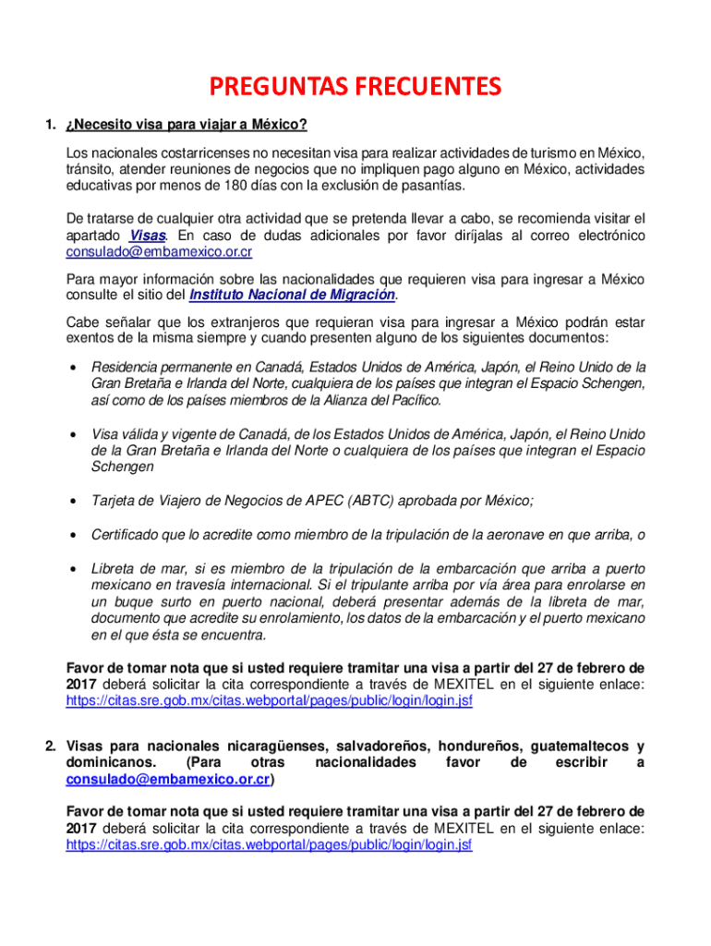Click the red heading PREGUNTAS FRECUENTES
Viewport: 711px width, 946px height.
[355, 87]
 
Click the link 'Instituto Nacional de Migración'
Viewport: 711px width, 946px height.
[292, 295]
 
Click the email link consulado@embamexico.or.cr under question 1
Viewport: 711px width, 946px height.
[159, 252]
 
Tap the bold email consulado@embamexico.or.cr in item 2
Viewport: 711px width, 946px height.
[168, 780]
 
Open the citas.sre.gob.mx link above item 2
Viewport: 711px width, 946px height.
[269, 701]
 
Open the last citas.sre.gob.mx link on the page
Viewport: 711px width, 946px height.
[269, 845]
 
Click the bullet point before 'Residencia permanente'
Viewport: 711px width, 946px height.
[72, 368]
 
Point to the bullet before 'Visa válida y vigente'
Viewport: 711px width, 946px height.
[72, 434]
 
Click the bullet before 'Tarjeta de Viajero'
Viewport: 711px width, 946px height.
[72, 502]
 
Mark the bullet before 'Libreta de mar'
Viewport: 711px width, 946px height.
[72, 569]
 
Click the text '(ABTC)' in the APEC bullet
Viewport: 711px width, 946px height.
[372, 501]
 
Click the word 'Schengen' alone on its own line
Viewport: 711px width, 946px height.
[122, 467]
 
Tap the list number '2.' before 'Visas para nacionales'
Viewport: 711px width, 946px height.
[53, 746]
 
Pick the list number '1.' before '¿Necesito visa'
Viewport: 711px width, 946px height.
[53, 125]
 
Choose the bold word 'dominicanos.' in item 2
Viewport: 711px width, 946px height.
[111, 763]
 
